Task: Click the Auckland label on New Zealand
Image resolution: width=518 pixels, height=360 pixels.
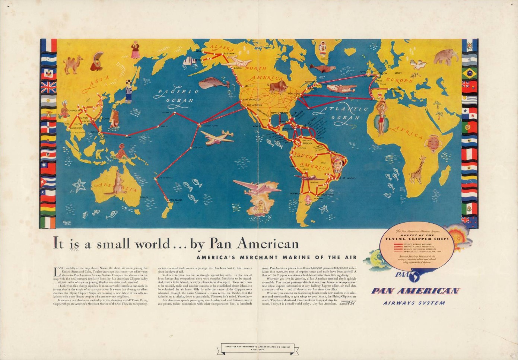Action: pyautogui.click(x=176, y=200)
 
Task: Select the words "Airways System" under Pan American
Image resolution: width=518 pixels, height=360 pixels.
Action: pyautogui.click(x=414, y=303)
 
